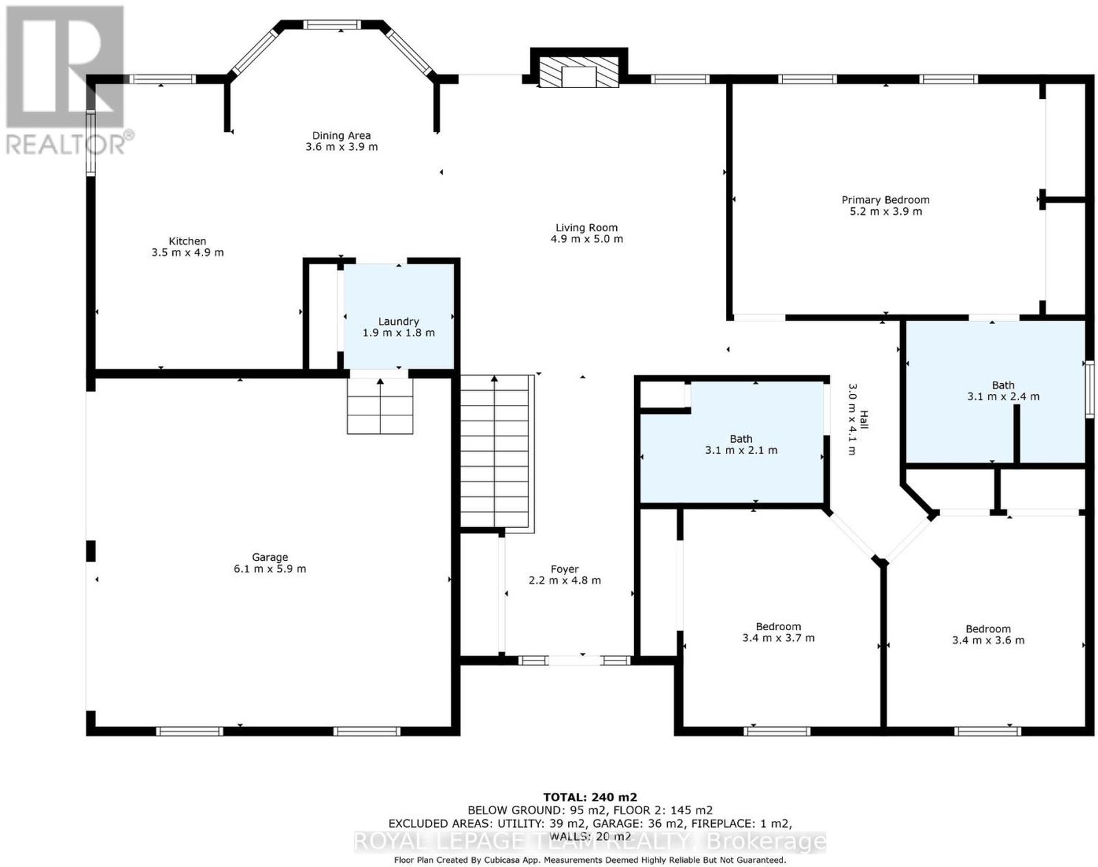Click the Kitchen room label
tap(187, 241)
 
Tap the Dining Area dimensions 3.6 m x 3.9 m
tap(341, 147)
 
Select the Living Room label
tap(586, 228)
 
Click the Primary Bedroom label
tap(885, 200)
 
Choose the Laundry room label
tap(399, 321)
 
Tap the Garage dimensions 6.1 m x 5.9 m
tap(270, 568)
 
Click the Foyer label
tap(564, 569)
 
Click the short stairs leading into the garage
tap(380, 406)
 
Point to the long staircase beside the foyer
tap(494, 451)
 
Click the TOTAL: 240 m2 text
tap(589, 797)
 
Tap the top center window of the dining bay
tap(332, 25)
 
